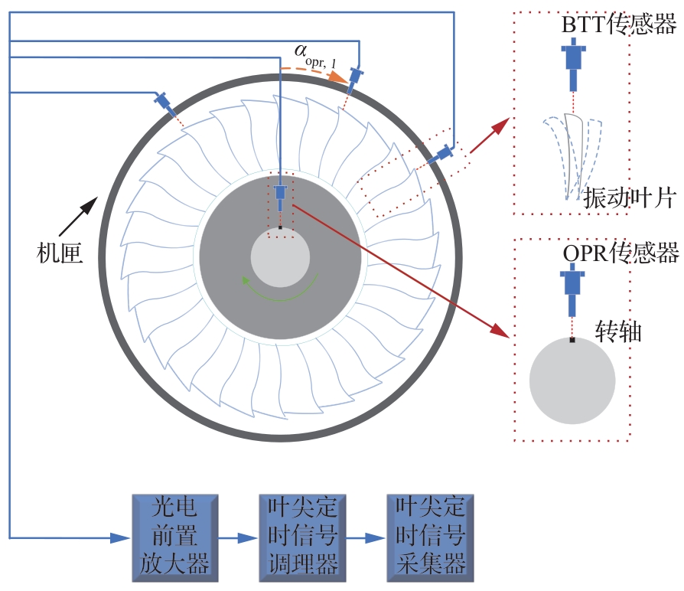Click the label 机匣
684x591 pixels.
(60, 253)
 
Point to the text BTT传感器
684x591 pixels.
(620, 26)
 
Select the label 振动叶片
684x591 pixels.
(627, 198)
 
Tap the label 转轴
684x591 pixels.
(617, 331)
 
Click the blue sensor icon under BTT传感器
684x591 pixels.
(572, 60)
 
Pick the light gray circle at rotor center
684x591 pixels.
(280, 258)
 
